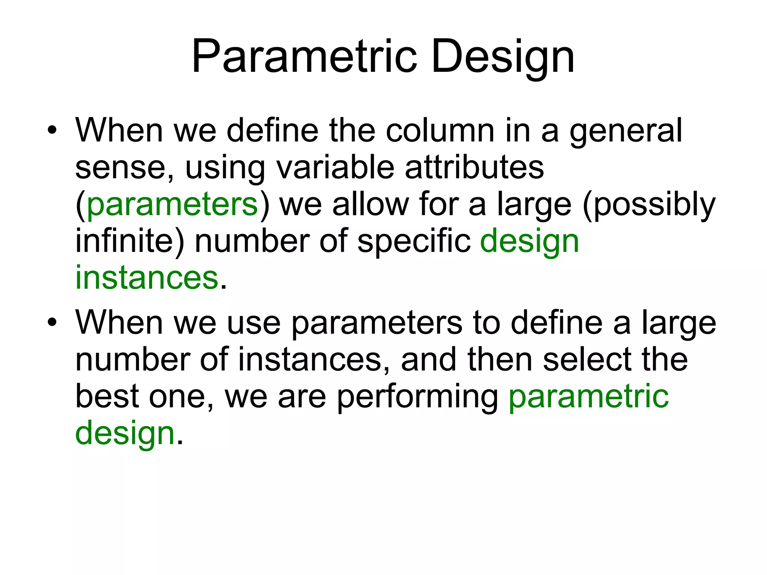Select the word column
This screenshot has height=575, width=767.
[440, 131]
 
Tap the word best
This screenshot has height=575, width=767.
[107, 396]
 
